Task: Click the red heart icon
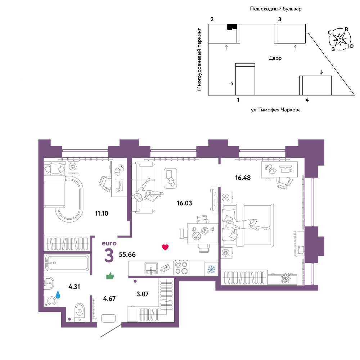click(x=165, y=247)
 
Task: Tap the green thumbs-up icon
click(x=110, y=276)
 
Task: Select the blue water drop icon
click(x=58, y=294)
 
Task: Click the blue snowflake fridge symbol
click(x=211, y=269)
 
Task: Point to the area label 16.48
click(x=243, y=178)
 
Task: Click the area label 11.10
click(x=102, y=213)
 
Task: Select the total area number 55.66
click(x=127, y=255)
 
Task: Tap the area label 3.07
click(x=142, y=294)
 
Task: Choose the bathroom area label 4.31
click(x=74, y=287)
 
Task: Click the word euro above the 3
click(x=109, y=243)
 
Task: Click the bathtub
click(x=67, y=263)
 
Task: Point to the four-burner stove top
click(x=181, y=268)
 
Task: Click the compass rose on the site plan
click(x=340, y=39)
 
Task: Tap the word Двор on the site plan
click(x=275, y=58)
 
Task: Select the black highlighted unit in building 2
click(x=232, y=27)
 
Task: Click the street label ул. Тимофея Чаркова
click(x=275, y=110)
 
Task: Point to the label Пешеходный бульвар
click(x=276, y=9)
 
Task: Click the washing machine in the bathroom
click(x=51, y=301)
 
